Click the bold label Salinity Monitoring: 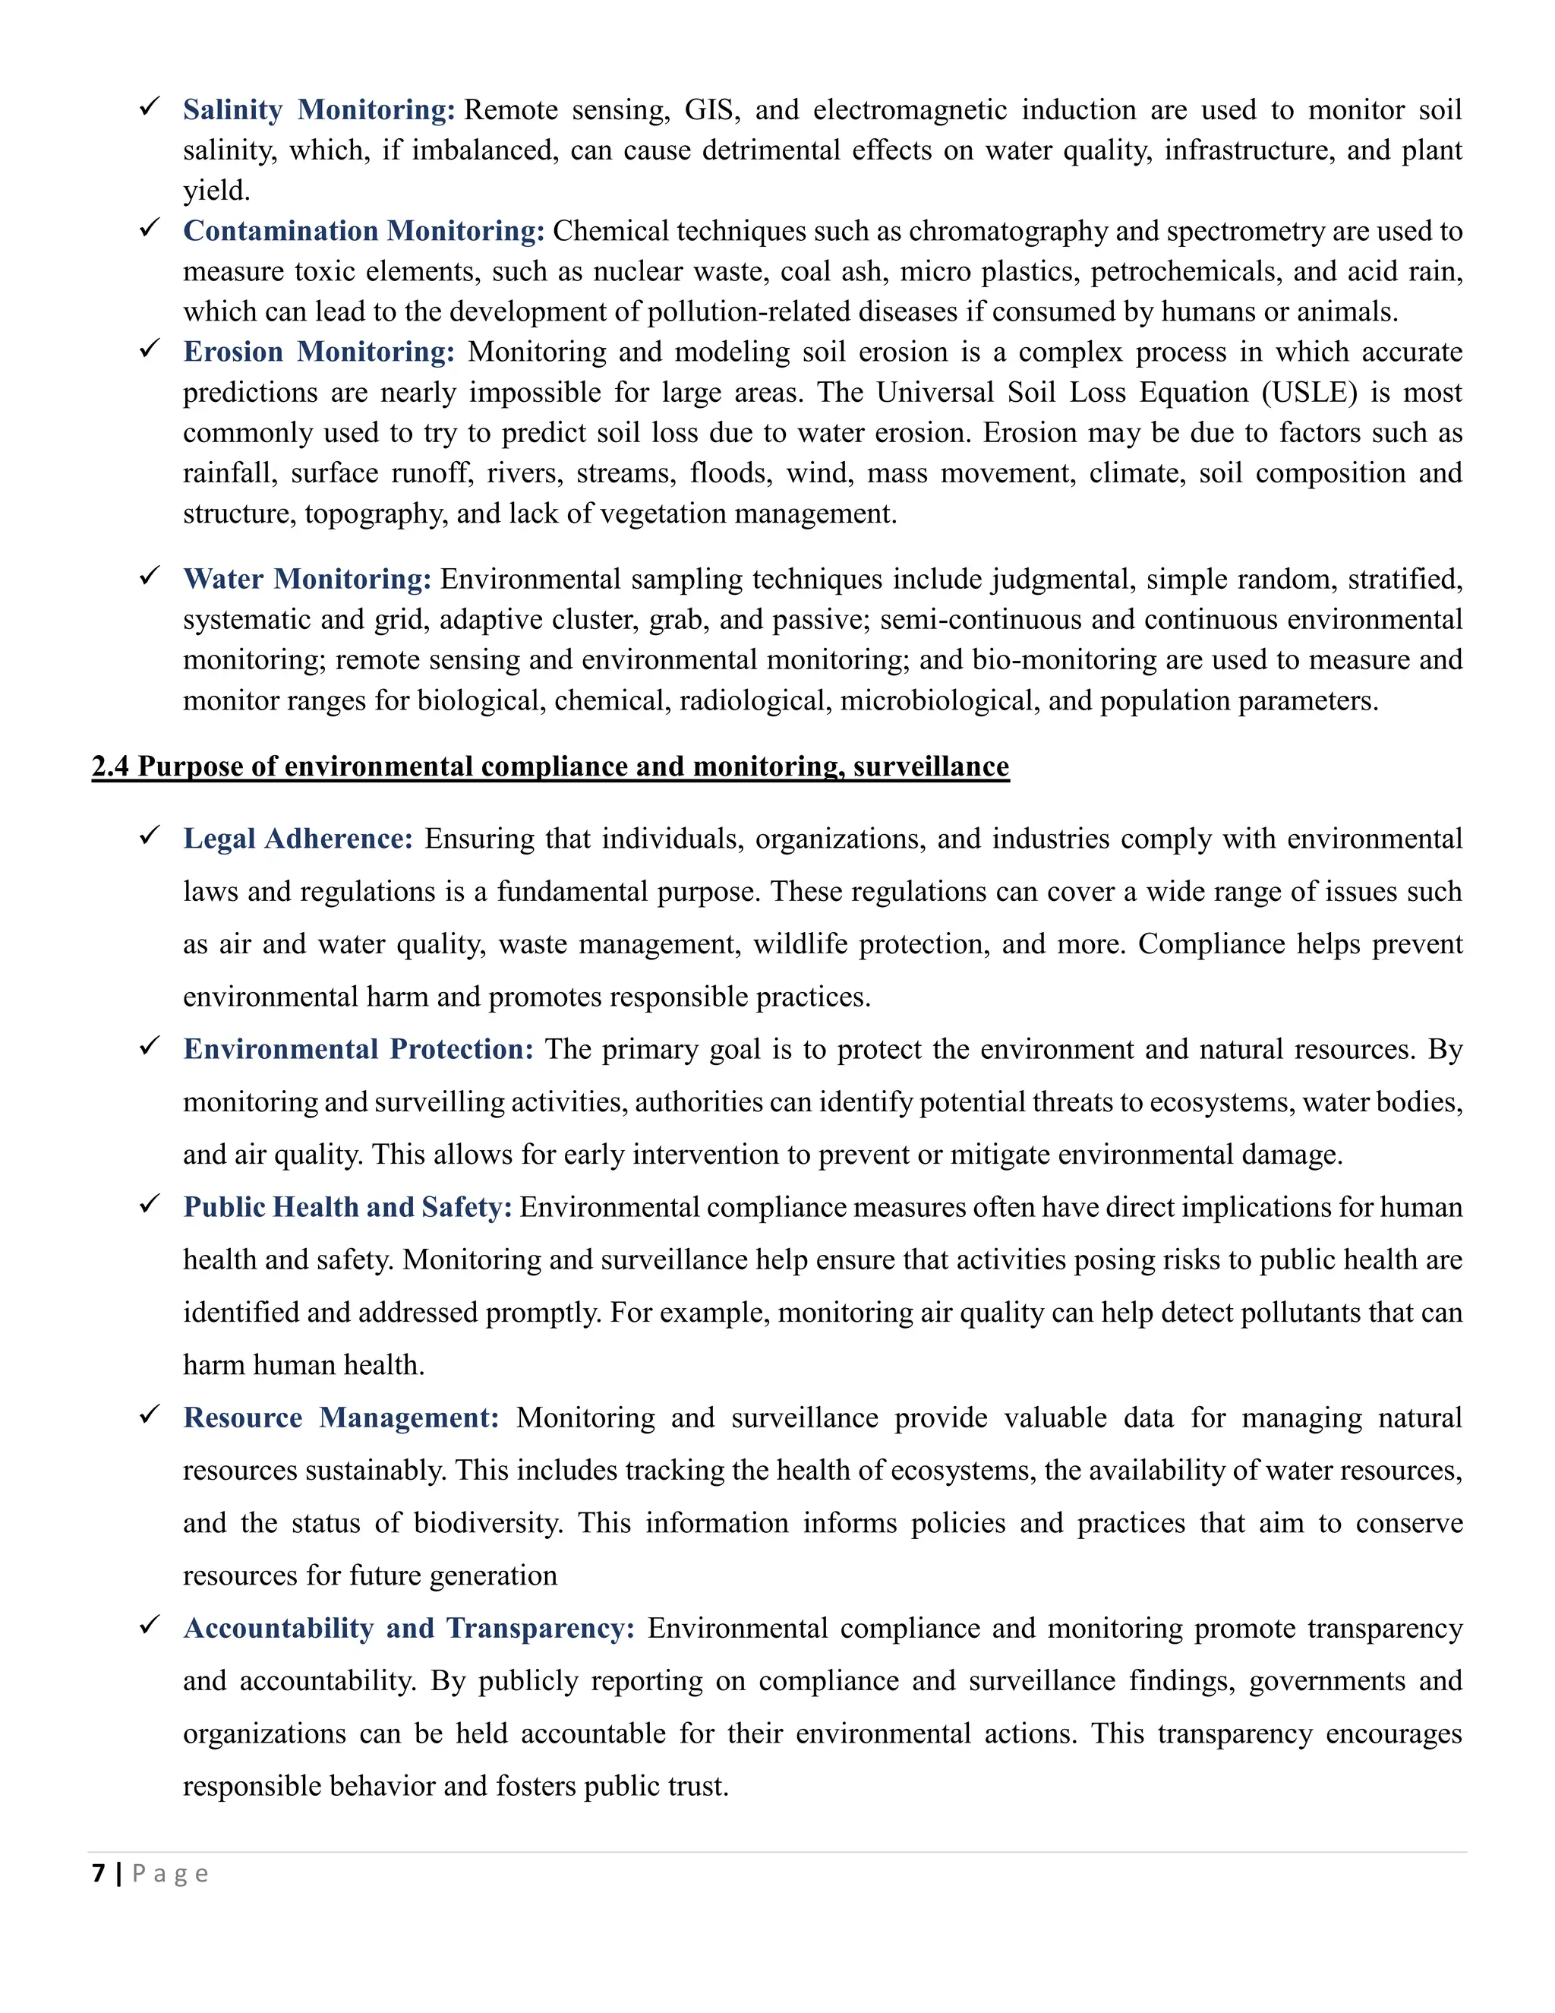pyautogui.click(x=319, y=109)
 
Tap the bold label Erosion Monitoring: pyautogui.click(x=319, y=352)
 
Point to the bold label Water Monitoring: pyautogui.click(x=307, y=579)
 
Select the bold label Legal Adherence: pyautogui.click(x=298, y=839)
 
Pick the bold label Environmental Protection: pyautogui.click(x=358, y=1049)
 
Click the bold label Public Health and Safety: pyautogui.click(x=347, y=1208)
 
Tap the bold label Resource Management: pyautogui.click(x=341, y=1417)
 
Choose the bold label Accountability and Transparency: pyautogui.click(x=409, y=1628)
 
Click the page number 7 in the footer pyautogui.click(x=99, y=1873)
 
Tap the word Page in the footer pyautogui.click(x=170, y=1874)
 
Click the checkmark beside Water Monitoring pyautogui.click(x=150, y=577)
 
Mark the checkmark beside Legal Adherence pyautogui.click(x=150, y=837)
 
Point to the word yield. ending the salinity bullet pyautogui.click(x=216, y=191)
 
